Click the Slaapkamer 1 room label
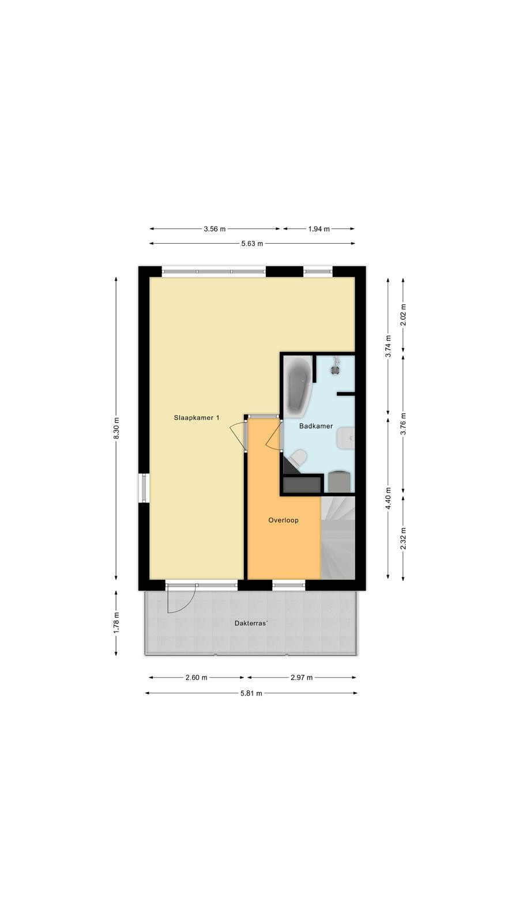click(197, 418)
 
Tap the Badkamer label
click(316, 426)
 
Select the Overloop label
click(283, 520)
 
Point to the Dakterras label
click(251, 623)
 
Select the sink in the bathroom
click(346, 439)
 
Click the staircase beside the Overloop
click(338, 538)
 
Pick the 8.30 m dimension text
click(116, 428)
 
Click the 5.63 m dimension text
click(252, 244)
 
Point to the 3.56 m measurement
click(215, 229)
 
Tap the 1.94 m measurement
click(319, 229)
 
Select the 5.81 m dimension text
click(251, 693)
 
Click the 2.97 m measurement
click(302, 678)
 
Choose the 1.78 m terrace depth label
click(116, 623)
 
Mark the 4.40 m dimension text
click(389, 498)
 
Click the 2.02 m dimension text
click(403, 315)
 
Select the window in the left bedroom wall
click(144, 489)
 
